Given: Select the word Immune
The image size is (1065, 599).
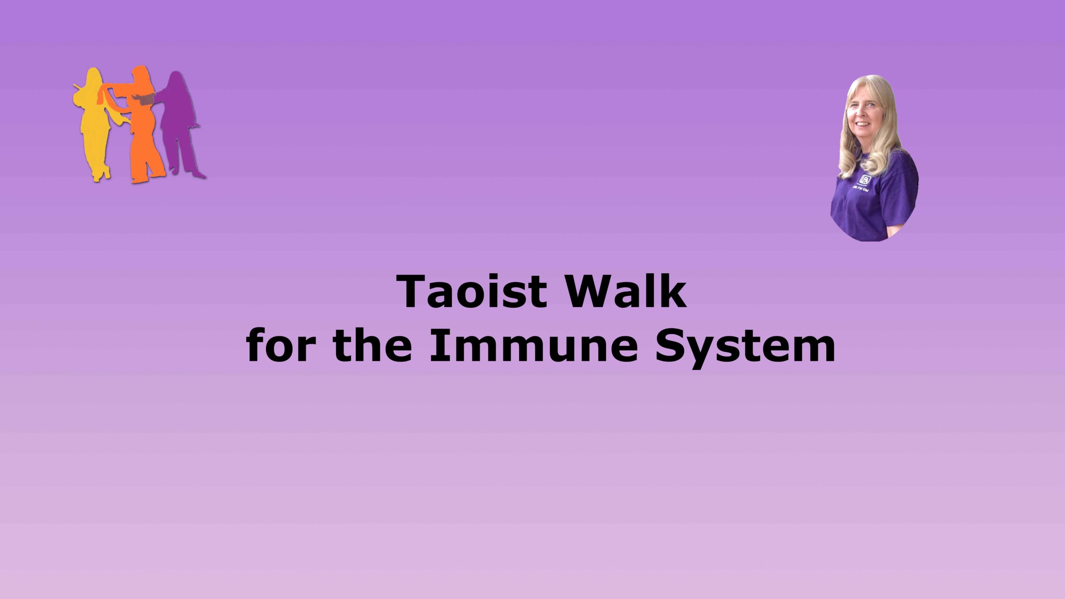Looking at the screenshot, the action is [534, 345].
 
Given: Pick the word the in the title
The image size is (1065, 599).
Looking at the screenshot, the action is [373, 345].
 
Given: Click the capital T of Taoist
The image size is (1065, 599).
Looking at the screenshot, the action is [414, 292].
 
